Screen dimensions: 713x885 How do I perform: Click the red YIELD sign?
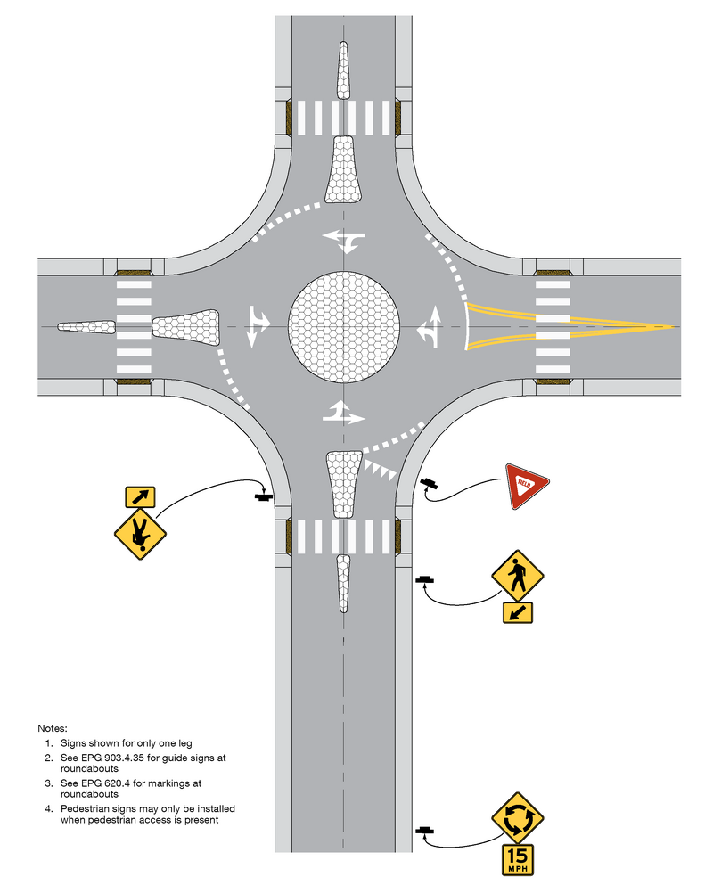coord(525,485)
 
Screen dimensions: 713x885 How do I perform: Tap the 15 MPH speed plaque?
coord(518,860)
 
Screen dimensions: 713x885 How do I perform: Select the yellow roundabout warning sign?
coord(517,818)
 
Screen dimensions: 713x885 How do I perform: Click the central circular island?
coord(344,327)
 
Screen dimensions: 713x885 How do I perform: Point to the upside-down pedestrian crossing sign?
coord(140,534)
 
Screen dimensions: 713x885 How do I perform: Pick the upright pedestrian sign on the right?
coord(518,577)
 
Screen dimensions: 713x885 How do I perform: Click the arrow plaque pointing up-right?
coord(140,497)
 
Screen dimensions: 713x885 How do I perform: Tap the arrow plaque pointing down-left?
coord(518,612)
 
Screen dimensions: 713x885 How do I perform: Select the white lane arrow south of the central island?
coord(344,412)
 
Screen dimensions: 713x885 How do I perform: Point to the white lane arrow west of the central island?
coord(258,327)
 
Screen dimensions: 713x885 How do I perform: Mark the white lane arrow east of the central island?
coord(430,327)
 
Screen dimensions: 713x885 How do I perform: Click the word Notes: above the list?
coord(53,729)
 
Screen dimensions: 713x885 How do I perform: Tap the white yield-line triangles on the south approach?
coord(380,470)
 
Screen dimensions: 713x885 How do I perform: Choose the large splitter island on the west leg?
coord(186,327)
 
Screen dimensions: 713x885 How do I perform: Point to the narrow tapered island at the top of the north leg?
coord(344,70)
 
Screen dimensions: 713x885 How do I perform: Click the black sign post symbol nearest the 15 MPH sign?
coord(425,831)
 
